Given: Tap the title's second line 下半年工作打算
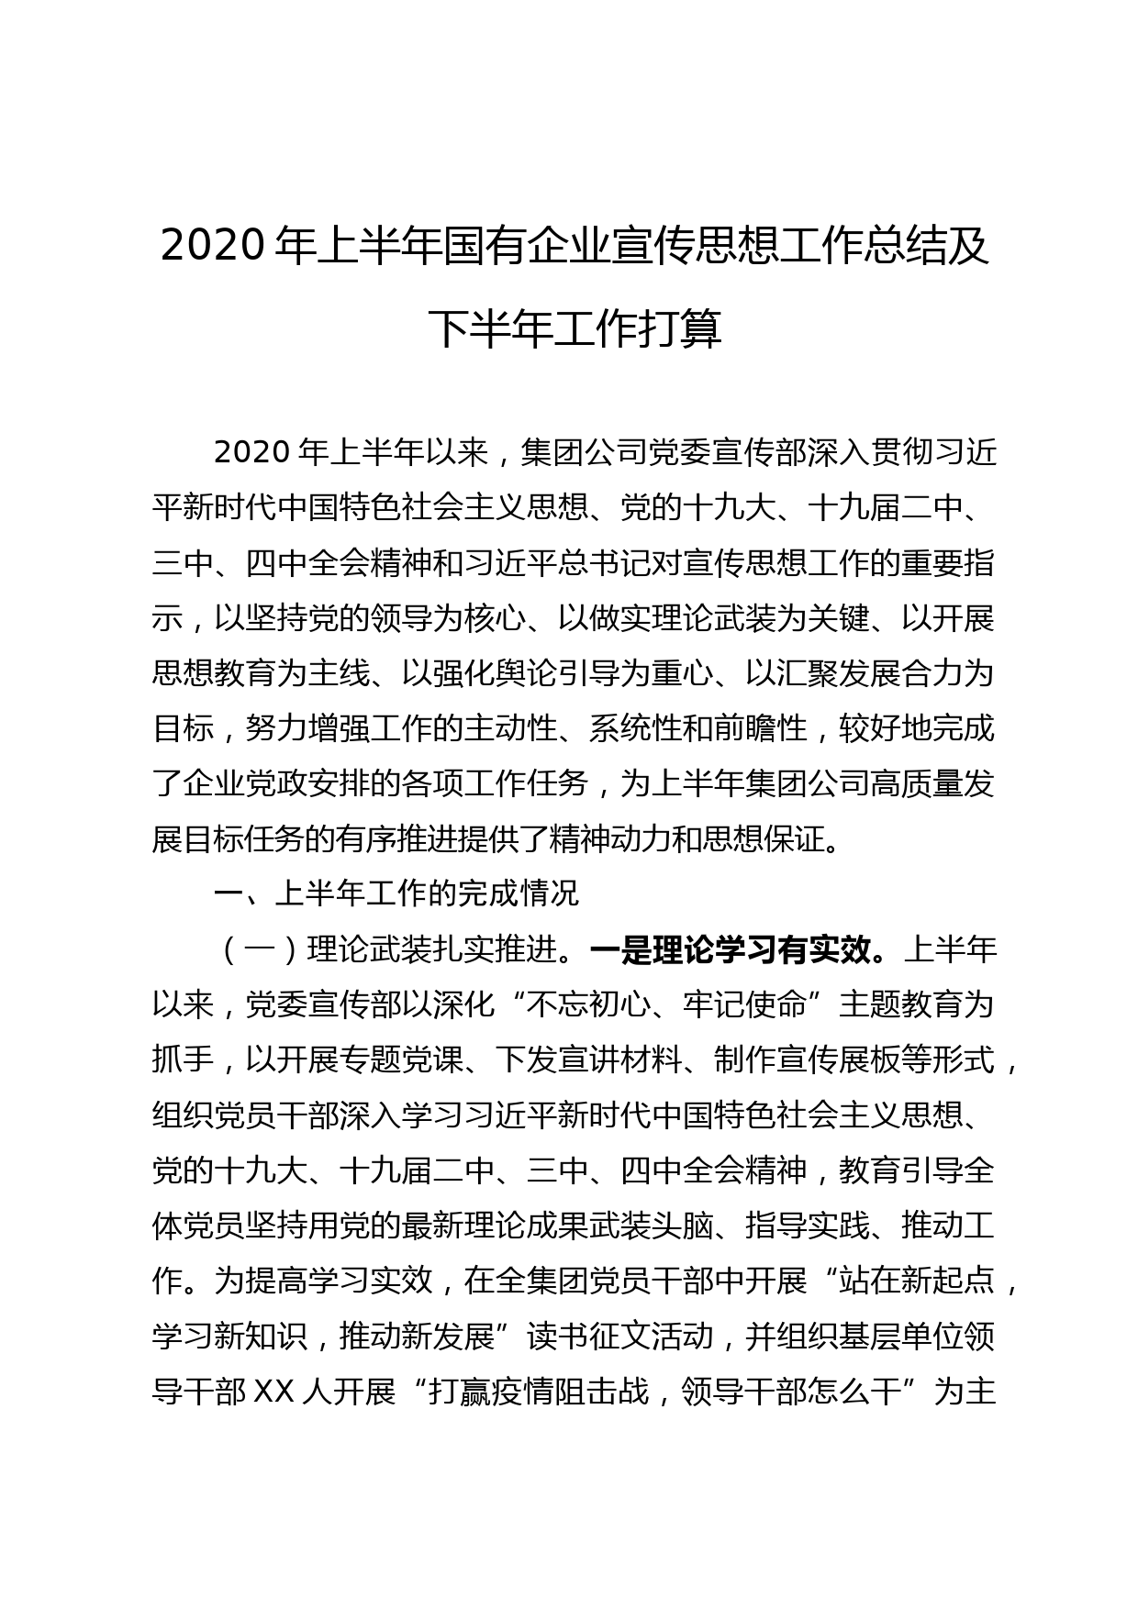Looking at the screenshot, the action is tap(575, 329).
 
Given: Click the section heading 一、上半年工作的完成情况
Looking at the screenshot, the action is tap(396, 893).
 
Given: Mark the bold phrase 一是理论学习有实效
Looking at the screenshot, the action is tap(730, 950).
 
